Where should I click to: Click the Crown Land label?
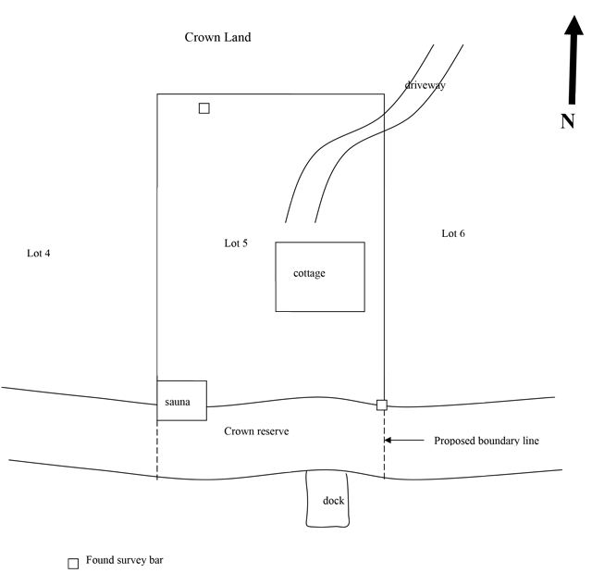(217, 38)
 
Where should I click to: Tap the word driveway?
(425, 85)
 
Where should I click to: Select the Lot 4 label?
(38, 253)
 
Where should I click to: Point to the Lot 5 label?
(236, 243)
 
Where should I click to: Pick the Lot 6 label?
(453, 233)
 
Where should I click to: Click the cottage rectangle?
(320, 296)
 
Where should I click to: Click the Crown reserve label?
(256, 431)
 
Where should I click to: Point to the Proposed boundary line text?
(487, 441)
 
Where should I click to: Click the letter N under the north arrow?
(569, 120)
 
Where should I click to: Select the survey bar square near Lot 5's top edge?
(204, 108)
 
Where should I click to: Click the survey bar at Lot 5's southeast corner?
(382, 405)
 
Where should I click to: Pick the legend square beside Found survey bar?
(73, 564)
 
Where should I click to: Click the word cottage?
(309, 273)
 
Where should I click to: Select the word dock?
(333, 501)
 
